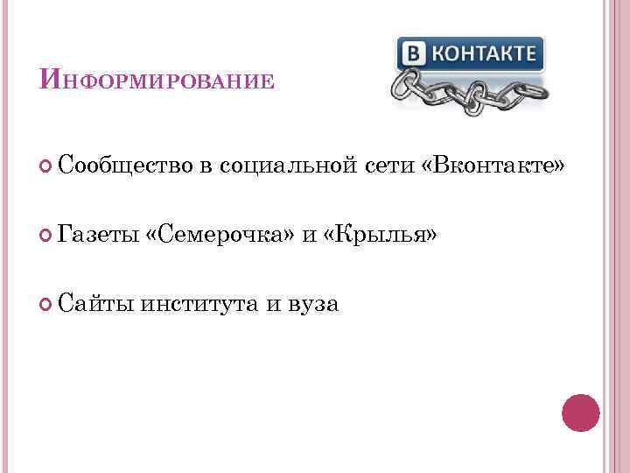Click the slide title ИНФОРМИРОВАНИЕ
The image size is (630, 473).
157,80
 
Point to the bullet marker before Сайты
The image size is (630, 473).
46,305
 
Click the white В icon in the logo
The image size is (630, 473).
412,53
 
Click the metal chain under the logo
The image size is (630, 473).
468,92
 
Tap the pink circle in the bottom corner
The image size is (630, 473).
580,413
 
